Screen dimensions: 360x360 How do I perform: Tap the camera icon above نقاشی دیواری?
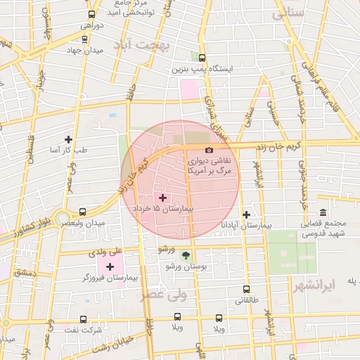pyautogui.click(x=209, y=150)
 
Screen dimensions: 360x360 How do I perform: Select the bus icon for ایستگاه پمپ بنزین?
pyautogui.click(x=202, y=58)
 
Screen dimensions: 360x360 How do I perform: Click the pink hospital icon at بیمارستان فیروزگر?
pyautogui.click(x=110, y=266)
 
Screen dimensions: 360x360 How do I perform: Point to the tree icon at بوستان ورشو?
pyautogui.click(x=186, y=256)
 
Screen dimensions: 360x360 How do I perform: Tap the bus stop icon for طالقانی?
pyautogui.click(x=246, y=289)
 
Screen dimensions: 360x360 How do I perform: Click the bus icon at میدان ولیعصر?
pyautogui.click(x=83, y=212)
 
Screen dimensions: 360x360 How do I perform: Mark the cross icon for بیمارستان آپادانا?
pyautogui.click(x=246, y=214)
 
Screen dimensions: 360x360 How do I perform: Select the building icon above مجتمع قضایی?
pyautogui.click(x=323, y=212)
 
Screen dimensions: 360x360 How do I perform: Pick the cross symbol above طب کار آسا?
pyautogui.click(x=68, y=139)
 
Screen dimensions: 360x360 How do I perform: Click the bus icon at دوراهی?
pyautogui.click(x=91, y=14)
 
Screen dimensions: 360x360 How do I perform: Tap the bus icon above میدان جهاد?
pyautogui.click(x=84, y=39)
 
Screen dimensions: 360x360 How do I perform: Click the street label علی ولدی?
pyautogui.click(x=105, y=250)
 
